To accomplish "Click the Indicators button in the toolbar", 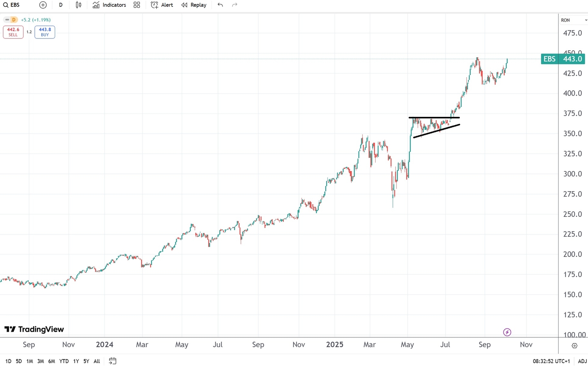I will pyautogui.click(x=109, y=5).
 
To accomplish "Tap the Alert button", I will pyautogui.click(x=162, y=5).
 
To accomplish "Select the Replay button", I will pyautogui.click(x=194, y=5).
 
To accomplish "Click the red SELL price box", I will pyautogui.click(x=13, y=32).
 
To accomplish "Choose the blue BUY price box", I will pyautogui.click(x=45, y=32).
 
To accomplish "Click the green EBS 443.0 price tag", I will pyautogui.click(x=563, y=59).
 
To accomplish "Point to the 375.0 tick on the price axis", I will pyautogui.click(x=572, y=114).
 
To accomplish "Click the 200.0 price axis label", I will pyautogui.click(x=572, y=254).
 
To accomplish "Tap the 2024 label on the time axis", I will pyautogui.click(x=105, y=345).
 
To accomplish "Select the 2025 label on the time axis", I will pyautogui.click(x=335, y=345).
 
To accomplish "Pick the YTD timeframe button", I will pyautogui.click(x=64, y=361).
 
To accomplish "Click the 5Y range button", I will pyautogui.click(x=86, y=361).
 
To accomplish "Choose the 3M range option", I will pyautogui.click(x=40, y=361).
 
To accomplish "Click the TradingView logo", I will pyautogui.click(x=34, y=329).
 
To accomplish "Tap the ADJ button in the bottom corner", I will pyautogui.click(x=582, y=361).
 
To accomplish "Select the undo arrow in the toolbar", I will pyautogui.click(x=220, y=5).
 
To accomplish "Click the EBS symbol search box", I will pyautogui.click(x=12, y=5).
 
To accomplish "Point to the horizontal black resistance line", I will pyautogui.click(x=434, y=118).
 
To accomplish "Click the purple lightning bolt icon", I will pyautogui.click(x=507, y=332).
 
